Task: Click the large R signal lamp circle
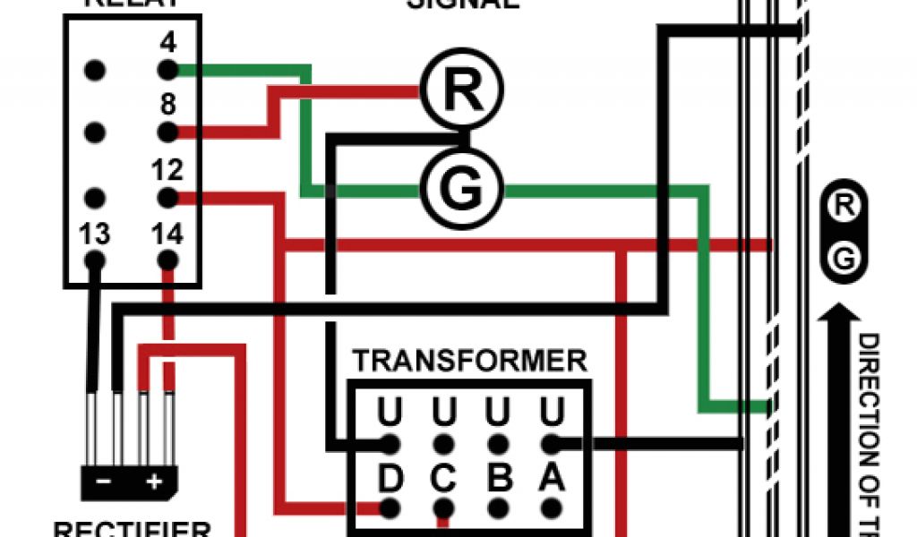(x=462, y=88)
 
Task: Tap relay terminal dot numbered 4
(x=167, y=69)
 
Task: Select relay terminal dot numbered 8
(x=167, y=132)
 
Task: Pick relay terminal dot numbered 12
(x=167, y=196)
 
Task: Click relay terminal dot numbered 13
(x=95, y=260)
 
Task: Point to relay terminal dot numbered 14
(x=167, y=260)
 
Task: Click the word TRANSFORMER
(x=469, y=361)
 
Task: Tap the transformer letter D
(x=390, y=478)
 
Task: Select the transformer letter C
(x=443, y=478)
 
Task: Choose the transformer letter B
(x=498, y=478)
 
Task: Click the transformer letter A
(x=552, y=478)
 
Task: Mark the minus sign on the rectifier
(x=104, y=482)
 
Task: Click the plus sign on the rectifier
(x=154, y=482)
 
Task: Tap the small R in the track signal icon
(x=843, y=205)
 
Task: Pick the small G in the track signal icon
(x=843, y=260)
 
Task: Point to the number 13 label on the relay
(x=94, y=234)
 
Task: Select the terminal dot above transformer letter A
(x=552, y=442)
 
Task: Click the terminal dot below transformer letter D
(x=390, y=508)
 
